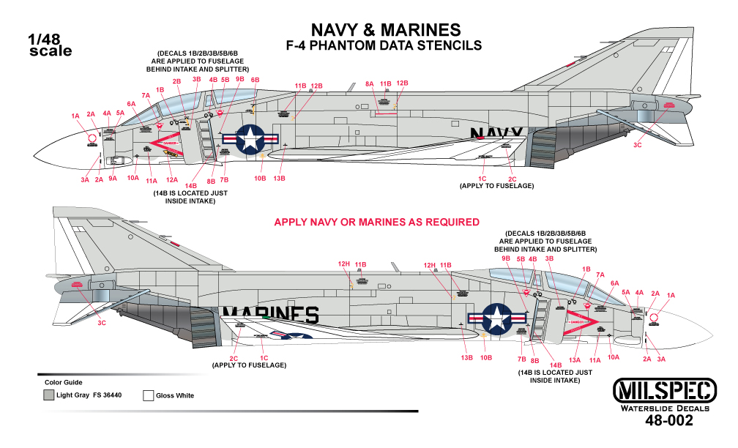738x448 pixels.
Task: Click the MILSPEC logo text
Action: point(655,389)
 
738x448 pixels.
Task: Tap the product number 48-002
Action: point(667,422)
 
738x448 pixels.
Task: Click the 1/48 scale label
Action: point(50,45)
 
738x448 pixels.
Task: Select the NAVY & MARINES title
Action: point(386,29)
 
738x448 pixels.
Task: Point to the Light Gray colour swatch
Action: point(48,395)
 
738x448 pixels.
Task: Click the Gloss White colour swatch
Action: point(148,395)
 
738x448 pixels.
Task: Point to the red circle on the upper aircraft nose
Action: point(92,138)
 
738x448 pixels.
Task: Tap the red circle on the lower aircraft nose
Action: point(655,317)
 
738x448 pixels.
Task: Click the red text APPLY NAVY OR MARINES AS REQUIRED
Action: point(376,222)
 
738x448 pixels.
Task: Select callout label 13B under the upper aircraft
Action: point(279,178)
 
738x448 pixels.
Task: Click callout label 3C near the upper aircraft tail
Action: point(638,146)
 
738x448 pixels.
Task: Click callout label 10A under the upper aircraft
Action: point(133,177)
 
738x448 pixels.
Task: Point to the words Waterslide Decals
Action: point(655,407)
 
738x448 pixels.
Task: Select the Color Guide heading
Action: point(64,382)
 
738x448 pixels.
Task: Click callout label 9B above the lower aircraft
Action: point(506,258)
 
